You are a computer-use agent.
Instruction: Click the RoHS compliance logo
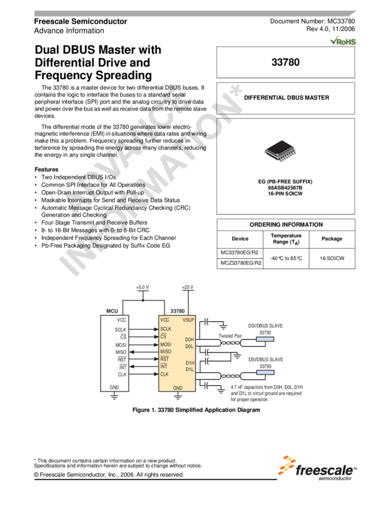(343, 40)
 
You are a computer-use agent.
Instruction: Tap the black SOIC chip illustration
(280, 152)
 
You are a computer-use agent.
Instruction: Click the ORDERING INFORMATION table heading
(286, 225)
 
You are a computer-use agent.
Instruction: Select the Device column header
(240, 239)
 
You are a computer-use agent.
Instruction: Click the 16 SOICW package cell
(331, 258)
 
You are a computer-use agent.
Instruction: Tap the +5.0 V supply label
(142, 288)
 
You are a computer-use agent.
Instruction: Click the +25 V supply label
(188, 288)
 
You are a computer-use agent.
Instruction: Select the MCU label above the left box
(112, 311)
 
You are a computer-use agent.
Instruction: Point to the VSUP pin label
(189, 320)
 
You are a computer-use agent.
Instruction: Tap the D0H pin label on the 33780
(190, 340)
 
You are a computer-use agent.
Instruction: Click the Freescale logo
(318, 467)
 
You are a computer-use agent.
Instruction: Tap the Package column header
(331, 239)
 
